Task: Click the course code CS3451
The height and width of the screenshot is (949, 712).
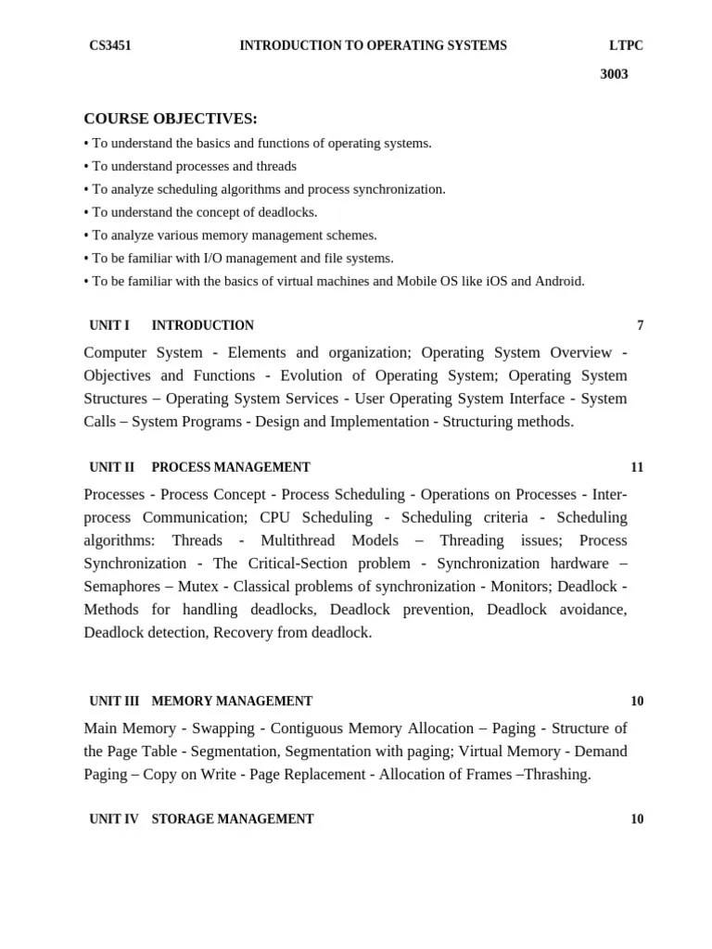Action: click(109, 45)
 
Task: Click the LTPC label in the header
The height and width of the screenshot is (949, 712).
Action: click(626, 45)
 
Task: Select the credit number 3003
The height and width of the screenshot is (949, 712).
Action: click(614, 74)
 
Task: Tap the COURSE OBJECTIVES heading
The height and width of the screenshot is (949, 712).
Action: click(171, 119)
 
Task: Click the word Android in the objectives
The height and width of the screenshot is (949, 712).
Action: click(559, 282)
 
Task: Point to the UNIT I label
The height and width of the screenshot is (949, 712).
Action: click(109, 325)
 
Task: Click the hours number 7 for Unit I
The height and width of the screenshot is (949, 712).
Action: click(640, 325)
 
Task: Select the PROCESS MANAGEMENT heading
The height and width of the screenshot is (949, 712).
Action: click(231, 467)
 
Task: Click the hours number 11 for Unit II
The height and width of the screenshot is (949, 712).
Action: click(637, 467)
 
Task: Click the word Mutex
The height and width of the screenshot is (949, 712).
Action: click(198, 587)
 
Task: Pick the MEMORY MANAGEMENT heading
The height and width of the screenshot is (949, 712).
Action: click(232, 702)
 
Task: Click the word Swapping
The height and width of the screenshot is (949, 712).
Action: click(222, 728)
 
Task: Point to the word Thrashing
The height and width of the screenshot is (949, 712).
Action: click(556, 775)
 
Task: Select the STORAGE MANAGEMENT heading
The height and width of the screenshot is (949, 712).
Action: click(233, 819)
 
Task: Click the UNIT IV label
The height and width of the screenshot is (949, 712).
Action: click(113, 819)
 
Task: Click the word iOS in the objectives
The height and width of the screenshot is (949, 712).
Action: click(495, 282)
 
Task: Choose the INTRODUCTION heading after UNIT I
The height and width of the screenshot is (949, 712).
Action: click(202, 325)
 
